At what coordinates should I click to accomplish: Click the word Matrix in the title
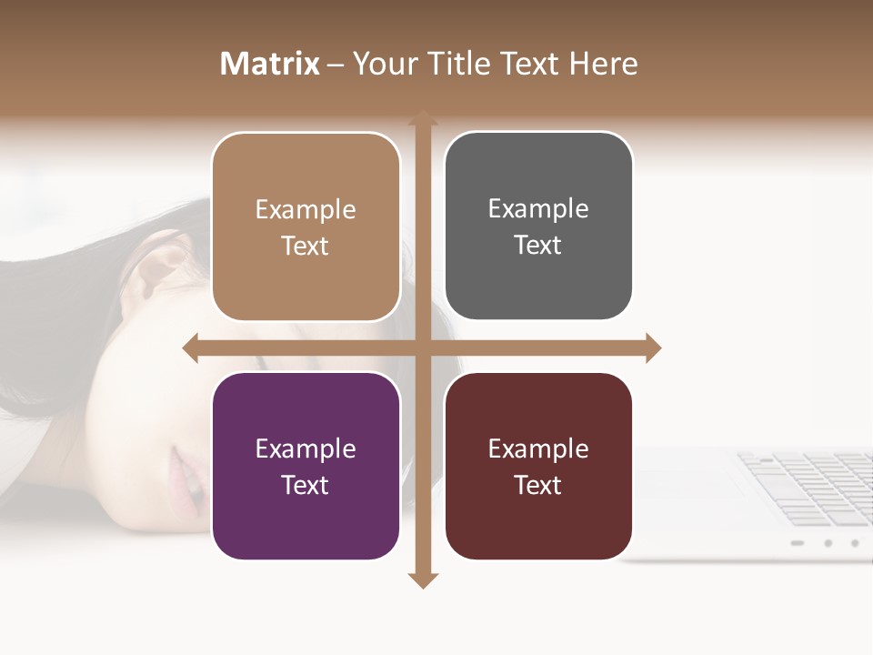point(269,64)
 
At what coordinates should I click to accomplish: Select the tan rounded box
point(306,227)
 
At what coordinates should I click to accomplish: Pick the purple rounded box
point(306,466)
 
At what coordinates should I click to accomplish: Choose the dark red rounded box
point(538,466)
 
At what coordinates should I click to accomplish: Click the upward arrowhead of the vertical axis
point(422,119)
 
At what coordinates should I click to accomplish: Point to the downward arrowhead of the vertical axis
point(422,579)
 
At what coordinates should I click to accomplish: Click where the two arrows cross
point(422,348)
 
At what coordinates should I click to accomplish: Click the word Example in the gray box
point(538,209)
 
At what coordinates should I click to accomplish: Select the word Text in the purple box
point(305,485)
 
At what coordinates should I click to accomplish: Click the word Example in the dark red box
point(538,448)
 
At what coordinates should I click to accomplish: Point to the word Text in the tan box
point(305,246)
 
